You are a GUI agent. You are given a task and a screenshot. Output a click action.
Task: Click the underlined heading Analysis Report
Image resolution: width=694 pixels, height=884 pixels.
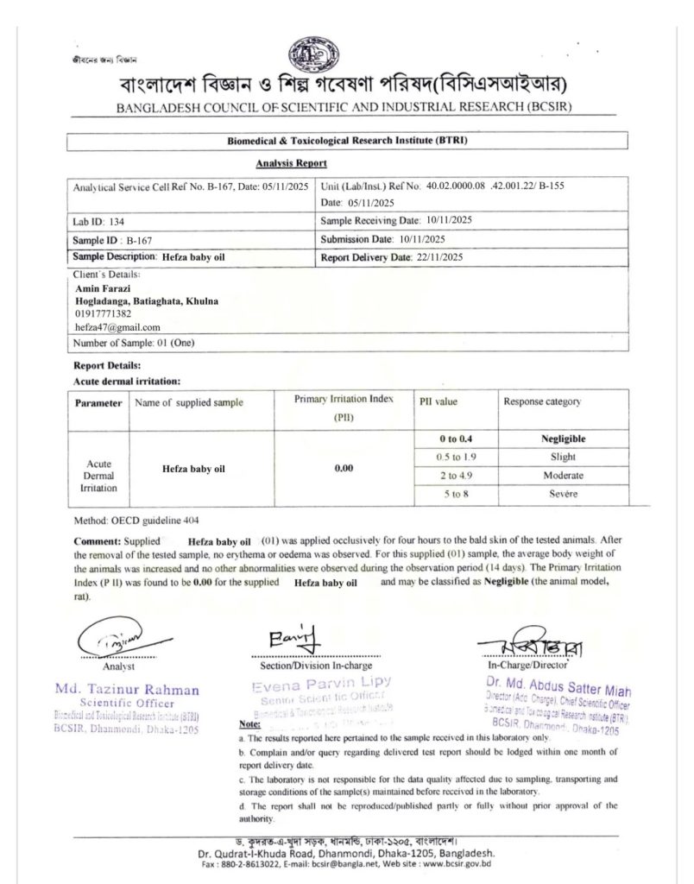[291, 162]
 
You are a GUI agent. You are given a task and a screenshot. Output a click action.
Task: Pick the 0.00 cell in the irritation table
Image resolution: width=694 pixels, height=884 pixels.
[344, 469]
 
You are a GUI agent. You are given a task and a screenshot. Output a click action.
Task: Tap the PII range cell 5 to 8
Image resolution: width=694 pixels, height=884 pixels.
[457, 494]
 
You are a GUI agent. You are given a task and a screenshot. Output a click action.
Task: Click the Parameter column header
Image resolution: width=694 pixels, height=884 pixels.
[98, 403]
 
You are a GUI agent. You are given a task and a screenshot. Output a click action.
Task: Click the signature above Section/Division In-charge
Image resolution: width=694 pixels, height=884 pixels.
[294, 640]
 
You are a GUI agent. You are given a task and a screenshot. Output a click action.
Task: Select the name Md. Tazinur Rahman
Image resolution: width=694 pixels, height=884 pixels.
[127, 690]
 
